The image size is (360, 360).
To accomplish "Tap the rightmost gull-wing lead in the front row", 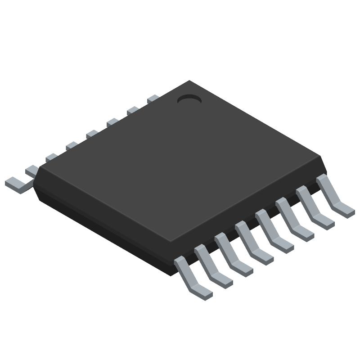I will click(x=334, y=198).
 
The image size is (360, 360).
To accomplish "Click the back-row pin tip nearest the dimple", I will click(x=153, y=98).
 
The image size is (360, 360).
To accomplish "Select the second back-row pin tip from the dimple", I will click(x=133, y=110).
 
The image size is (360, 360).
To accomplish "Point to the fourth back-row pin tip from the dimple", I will click(x=92, y=133).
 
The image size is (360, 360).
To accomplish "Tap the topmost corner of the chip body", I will click(x=189, y=81).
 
